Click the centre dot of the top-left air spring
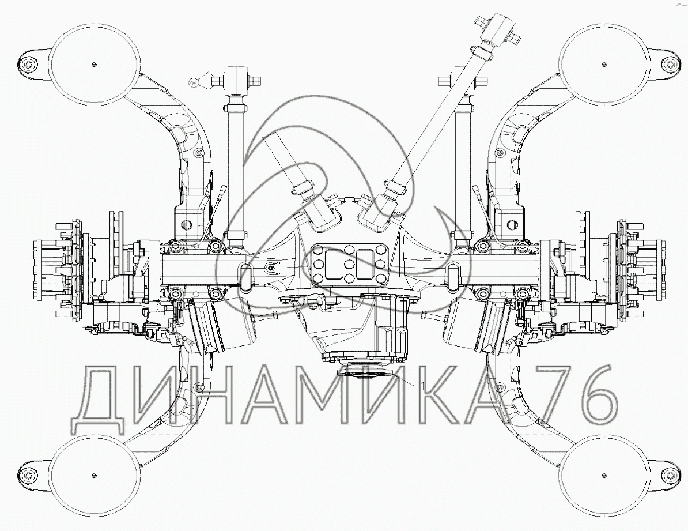(94, 65)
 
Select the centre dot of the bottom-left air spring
(94, 476)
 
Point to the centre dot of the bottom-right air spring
(604, 476)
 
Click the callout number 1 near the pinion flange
(422, 386)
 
